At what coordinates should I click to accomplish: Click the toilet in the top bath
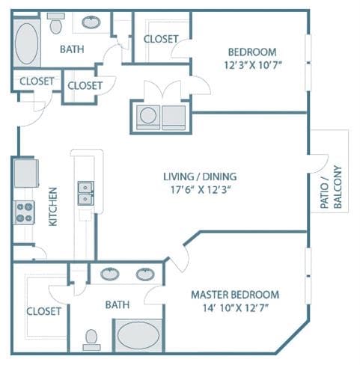coord(56,23)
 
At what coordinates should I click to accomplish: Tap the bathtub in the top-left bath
coord(27,43)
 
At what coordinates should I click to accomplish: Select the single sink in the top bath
coord(91,22)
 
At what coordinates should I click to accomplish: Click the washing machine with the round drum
coord(148,117)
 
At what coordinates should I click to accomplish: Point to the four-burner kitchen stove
coord(24,212)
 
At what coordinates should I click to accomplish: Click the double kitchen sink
coord(86,193)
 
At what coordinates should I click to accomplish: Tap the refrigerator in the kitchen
coord(26,174)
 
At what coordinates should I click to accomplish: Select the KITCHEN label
coord(53,206)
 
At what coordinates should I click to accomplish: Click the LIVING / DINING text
coord(200,177)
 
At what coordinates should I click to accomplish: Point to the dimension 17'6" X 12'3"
coord(200,190)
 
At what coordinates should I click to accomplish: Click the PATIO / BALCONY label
coord(331,187)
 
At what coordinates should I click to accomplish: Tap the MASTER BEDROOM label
coord(235,295)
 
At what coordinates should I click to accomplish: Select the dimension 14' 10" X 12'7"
coord(235,308)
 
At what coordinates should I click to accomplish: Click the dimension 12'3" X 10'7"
coord(253,65)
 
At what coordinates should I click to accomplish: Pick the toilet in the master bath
coord(91,340)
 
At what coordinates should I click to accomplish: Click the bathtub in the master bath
coord(138,335)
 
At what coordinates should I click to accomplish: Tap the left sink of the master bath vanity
coord(110,274)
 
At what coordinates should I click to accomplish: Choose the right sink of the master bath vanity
coord(145,274)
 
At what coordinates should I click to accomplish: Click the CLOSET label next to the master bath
coord(44,311)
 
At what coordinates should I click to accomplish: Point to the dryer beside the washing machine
coord(174,117)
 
